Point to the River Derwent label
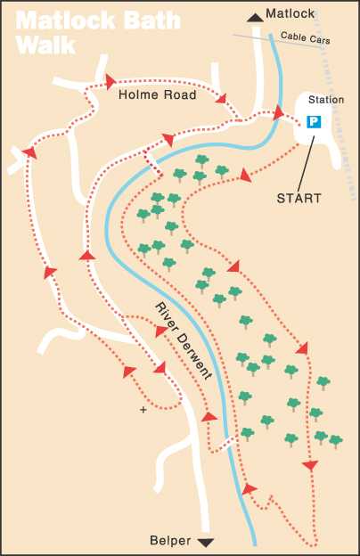183,341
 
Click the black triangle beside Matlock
255,15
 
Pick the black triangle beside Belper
207,541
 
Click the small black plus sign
142,410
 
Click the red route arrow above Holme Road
110,81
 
